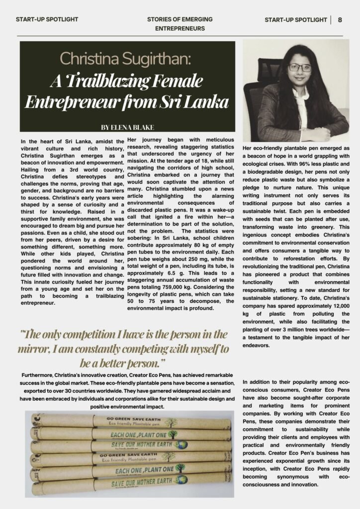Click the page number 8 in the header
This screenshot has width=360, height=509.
[340, 20]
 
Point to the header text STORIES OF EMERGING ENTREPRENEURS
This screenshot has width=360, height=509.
[180, 24]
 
